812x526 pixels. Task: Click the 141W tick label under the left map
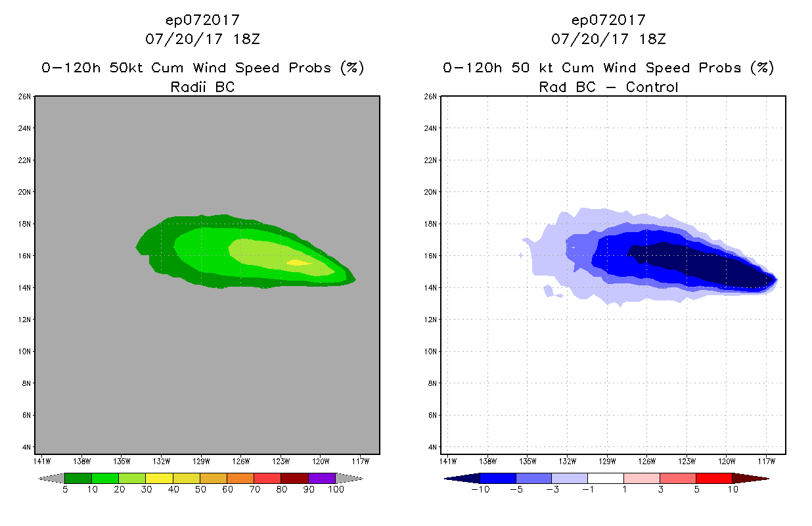[x=42, y=461]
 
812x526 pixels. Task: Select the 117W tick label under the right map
[x=767, y=461]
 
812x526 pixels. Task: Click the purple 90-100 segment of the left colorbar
[x=322, y=478]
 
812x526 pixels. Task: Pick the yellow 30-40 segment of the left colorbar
[x=160, y=478]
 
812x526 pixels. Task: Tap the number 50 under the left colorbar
[x=200, y=489]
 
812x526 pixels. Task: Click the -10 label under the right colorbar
[x=479, y=489]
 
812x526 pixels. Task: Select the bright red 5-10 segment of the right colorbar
[x=713, y=478]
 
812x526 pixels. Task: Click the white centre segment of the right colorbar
[x=605, y=478]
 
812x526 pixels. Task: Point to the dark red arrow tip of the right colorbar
[x=752, y=478]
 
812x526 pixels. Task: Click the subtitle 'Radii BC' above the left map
[x=202, y=87]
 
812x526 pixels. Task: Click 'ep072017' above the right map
[x=608, y=20]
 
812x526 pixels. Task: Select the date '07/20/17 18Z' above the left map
[x=202, y=39]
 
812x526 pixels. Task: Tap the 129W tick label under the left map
[x=201, y=461]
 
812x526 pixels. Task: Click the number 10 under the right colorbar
[x=732, y=489]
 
